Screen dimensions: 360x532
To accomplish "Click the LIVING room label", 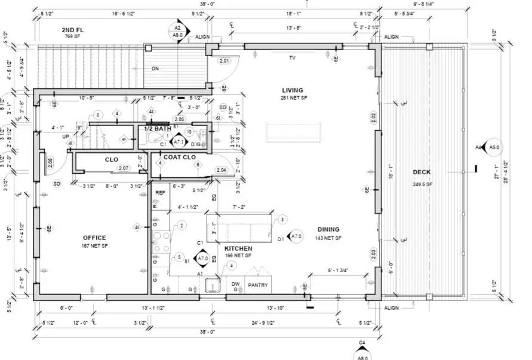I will click(293, 91).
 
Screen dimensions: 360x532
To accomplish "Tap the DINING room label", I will click(328, 229).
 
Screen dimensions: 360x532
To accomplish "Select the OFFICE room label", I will click(94, 238).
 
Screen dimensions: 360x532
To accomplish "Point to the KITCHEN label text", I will click(238, 248).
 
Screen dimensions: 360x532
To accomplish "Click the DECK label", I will click(422, 173).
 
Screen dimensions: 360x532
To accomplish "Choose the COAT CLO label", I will click(180, 158).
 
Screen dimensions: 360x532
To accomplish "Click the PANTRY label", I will click(258, 285).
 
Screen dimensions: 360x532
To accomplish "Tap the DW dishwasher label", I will click(236, 285).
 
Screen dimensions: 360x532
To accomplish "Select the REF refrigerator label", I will click(160, 193).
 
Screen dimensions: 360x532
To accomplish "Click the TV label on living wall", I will click(293, 58).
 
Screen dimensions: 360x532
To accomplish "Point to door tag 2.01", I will click(225, 61).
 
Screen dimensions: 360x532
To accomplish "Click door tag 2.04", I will click(221, 170).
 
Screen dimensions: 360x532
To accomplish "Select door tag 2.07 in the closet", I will click(124, 168).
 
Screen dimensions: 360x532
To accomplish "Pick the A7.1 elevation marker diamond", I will click(179, 141).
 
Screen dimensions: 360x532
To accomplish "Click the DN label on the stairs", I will click(155, 69).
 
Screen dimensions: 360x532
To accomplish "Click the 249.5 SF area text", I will click(422, 184).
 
